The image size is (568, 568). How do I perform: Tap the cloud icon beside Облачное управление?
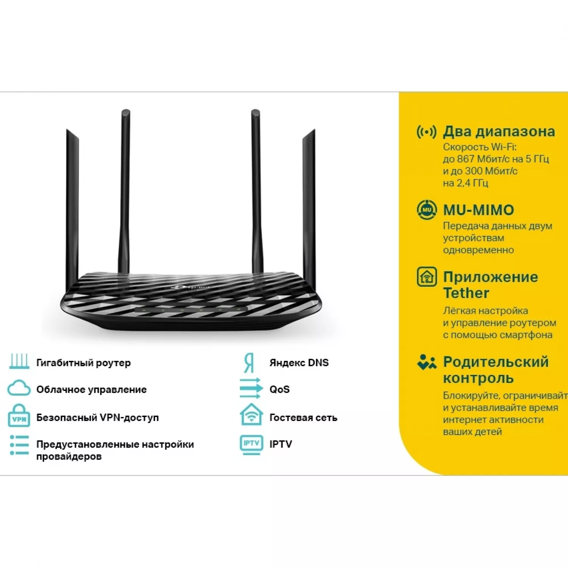19,389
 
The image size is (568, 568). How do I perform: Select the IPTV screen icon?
251,445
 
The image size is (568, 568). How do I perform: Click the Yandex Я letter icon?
249,363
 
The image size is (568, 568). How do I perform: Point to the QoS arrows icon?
251,388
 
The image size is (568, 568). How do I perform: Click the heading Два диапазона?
499,131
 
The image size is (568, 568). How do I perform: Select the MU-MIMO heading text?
479,210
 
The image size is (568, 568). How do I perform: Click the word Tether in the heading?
466,293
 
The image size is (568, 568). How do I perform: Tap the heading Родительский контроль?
496,370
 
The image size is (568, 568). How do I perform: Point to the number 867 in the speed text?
465,159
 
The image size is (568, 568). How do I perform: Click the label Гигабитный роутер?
83,363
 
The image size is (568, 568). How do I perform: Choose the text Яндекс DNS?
299,363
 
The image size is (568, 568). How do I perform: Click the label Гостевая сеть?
303,418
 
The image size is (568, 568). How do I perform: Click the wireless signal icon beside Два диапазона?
426,132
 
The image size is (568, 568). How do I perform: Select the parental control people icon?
426,362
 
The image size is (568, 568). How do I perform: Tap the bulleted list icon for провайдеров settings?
19,445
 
